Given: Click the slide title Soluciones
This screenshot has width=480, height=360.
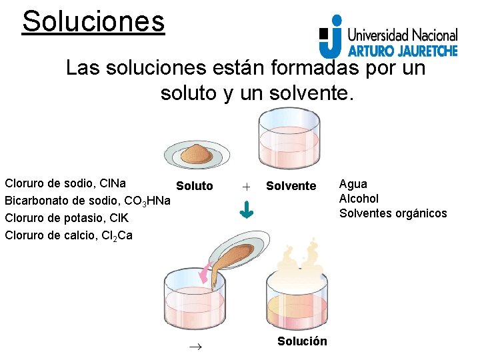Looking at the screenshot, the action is pyautogui.click(x=93, y=21).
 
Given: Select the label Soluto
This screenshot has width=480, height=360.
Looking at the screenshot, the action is pyautogui.click(x=195, y=186).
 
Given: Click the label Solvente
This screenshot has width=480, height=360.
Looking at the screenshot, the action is pyautogui.click(x=291, y=186).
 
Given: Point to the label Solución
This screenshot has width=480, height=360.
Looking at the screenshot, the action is pyautogui.click(x=302, y=341).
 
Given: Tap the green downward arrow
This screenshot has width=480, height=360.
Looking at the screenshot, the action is pyautogui.click(x=247, y=211).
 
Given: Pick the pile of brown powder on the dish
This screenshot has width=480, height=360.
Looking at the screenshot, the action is pyautogui.click(x=197, y=151).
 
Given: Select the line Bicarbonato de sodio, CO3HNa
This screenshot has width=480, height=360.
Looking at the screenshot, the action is pyautogui.click(x=87, y=201).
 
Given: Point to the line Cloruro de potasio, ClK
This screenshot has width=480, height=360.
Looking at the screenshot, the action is pyautogui.click(x=67, y=218).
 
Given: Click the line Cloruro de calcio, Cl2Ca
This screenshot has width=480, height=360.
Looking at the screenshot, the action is pyautogui.click(x=69, y=235).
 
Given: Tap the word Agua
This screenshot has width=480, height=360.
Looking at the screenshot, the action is pyautogui.click(x=353, y=184).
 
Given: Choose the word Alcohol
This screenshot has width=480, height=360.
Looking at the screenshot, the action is pyautogui.click(x=359, y=199).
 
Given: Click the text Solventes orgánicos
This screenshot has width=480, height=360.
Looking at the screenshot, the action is pyautogui.click(x=393, y=213).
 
